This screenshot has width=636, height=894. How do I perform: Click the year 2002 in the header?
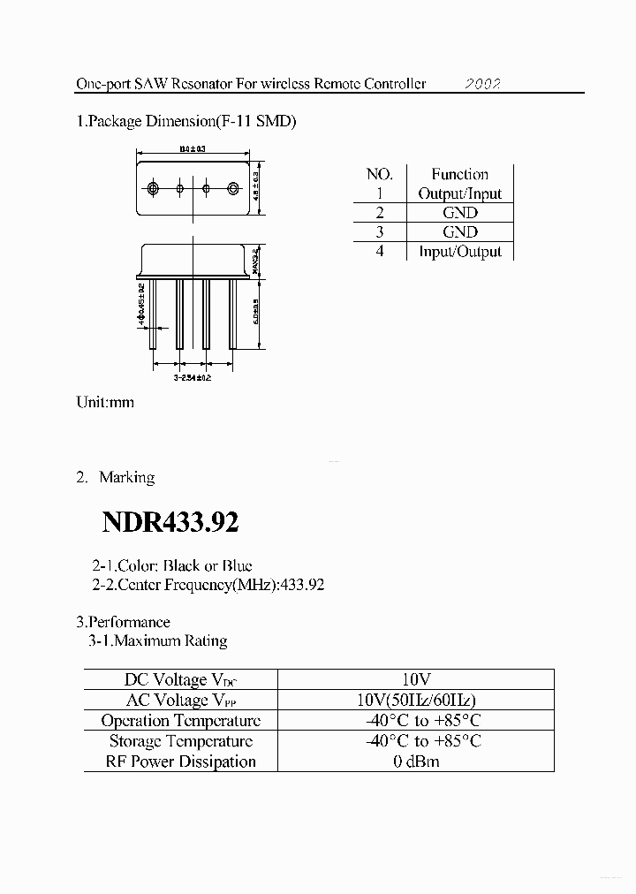point(483,84)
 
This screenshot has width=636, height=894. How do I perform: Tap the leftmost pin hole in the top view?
point(154,188)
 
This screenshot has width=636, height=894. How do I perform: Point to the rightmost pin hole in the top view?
point(233,188)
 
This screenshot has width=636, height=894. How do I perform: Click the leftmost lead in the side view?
point(154,314)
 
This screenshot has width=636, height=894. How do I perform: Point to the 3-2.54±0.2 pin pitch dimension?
point(192,377)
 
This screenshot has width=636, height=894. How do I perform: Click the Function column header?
point(459,174)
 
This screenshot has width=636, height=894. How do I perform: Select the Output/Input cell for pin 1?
point(459,193)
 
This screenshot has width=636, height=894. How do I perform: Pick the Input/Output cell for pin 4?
point(459,252)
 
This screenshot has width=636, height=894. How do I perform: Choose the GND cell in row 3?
point(459,232)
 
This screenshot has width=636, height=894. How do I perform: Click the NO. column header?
point(379,174)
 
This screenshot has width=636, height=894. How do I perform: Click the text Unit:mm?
point(105,402)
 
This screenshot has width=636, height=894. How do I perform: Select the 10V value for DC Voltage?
point(415,679)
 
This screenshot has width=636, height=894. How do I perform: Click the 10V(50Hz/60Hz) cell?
point(415,700)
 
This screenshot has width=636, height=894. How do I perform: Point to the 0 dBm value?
point(416,761)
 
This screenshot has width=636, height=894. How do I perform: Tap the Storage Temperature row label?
point(181,741)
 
